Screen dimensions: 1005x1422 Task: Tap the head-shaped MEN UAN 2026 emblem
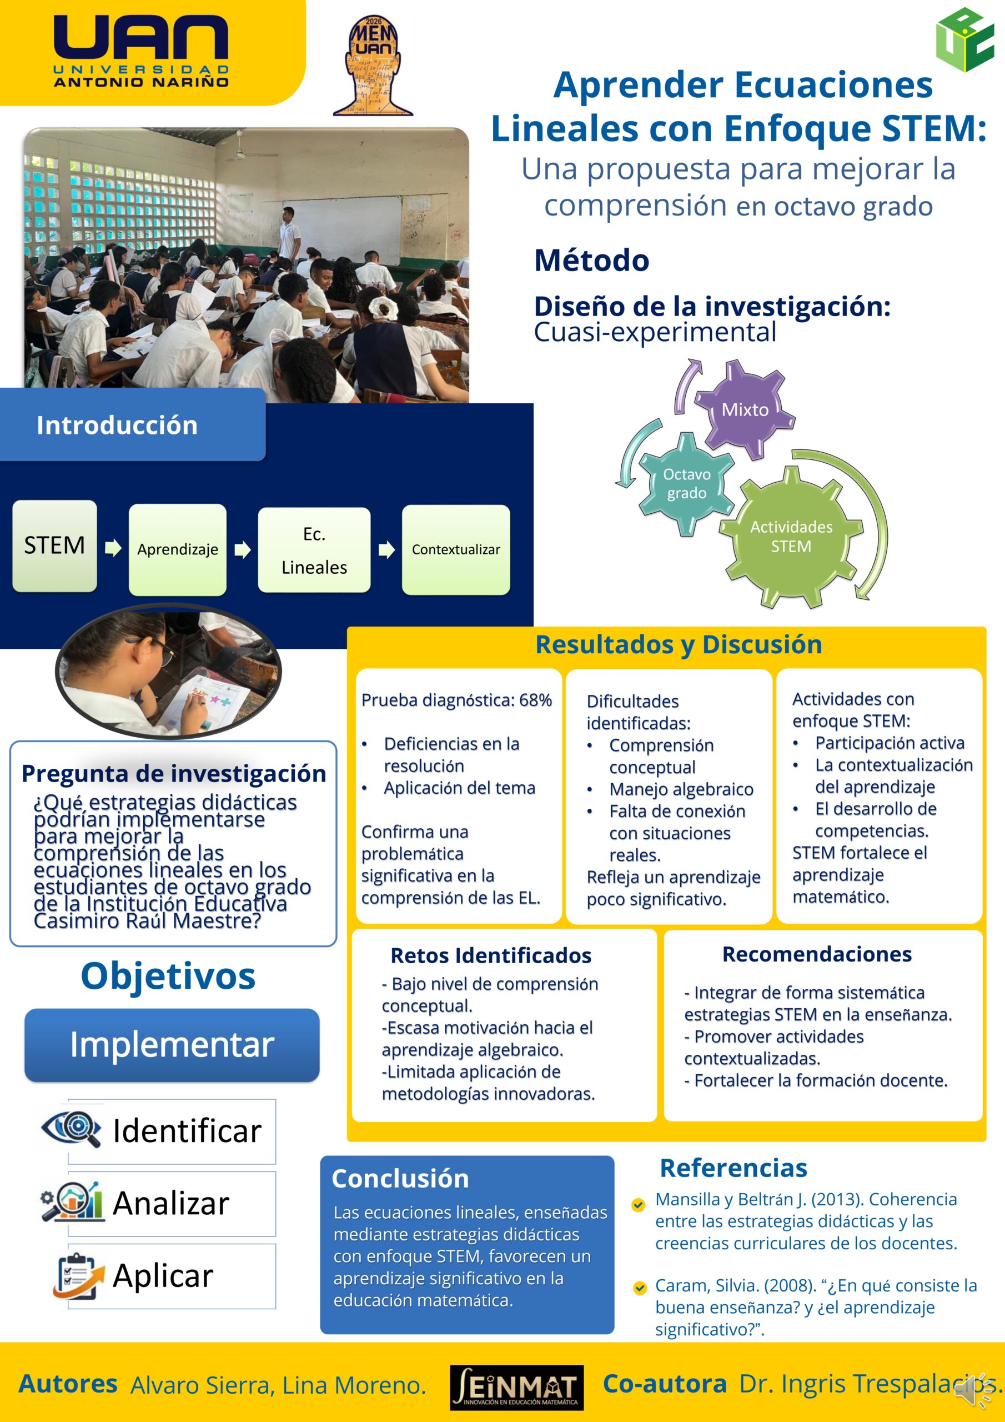tap(373, 66)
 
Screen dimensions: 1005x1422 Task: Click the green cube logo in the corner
tap(965, 39)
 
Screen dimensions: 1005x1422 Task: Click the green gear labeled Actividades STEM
tap(791, 537)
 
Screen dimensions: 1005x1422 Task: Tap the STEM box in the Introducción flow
tap(54, 545)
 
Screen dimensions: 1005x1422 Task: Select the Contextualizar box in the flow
tap(456, 550)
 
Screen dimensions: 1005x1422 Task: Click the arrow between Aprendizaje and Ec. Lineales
tap(242, 549)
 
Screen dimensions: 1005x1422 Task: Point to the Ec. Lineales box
tap(314, 550)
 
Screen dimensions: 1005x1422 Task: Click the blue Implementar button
tap(172, 1045)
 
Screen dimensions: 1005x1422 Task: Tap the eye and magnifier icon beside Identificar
tap(71, 1128)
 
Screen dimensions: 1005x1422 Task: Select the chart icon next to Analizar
tap(72, 1201)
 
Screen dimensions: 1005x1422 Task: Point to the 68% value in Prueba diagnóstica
tap(535, 700)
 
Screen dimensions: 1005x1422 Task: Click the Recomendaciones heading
tap(817, 954)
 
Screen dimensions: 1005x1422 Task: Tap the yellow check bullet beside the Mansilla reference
tap(639, 1205)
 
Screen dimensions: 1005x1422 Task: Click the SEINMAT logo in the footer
tap(517, 1388)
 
